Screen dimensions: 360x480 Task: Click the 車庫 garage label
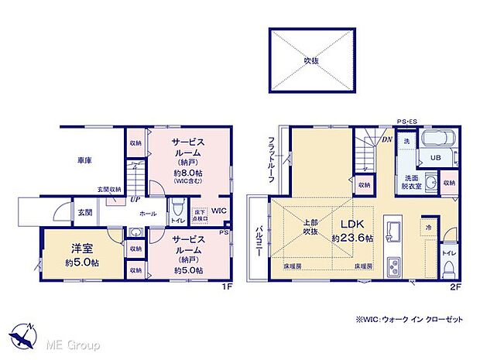coord(84,159)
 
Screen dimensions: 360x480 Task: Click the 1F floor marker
coord(227,286)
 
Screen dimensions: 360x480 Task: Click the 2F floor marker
coord(455,286)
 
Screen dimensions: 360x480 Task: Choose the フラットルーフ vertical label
coord(272,159)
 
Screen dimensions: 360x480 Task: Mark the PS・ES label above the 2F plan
coord(407,122)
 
